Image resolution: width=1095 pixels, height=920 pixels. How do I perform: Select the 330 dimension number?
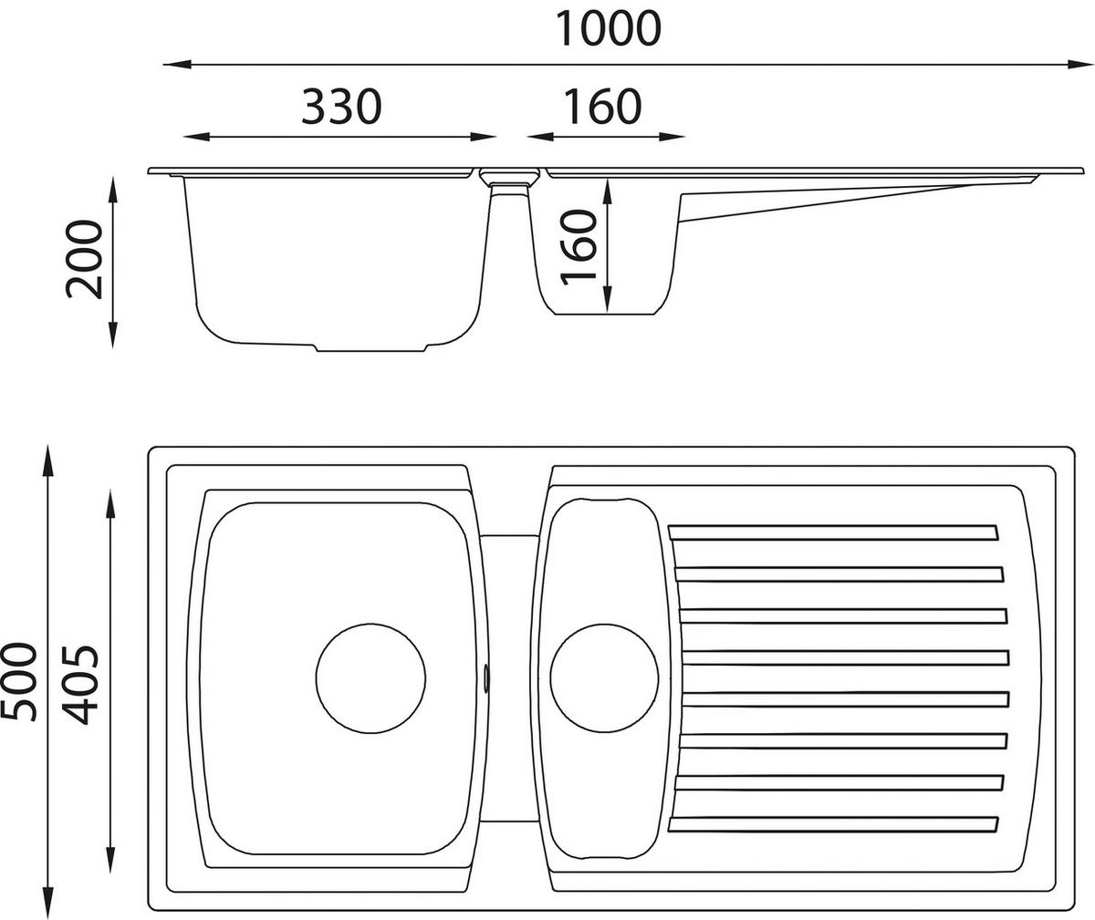click(340, 107)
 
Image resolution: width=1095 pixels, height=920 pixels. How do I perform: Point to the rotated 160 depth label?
click(579, 246)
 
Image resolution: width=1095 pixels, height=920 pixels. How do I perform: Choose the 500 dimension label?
click(20, 681)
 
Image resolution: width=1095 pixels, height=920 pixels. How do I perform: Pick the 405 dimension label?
click(77, 684)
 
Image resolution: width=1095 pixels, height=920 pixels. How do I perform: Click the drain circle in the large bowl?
click(370, 677)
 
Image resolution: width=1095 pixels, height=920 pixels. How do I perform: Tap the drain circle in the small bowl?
click(604, 677)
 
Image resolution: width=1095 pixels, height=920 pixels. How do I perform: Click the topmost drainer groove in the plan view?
click(832, 532)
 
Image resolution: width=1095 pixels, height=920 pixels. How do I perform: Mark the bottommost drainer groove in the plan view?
click(832, 824)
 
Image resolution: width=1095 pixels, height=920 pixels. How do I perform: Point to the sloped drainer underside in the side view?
click(821, 200)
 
